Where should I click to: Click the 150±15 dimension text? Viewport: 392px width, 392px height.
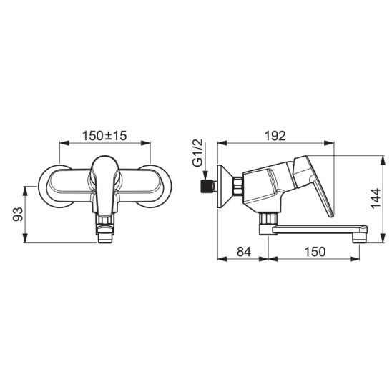point(104,136)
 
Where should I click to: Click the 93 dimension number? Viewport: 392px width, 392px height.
point(18,215)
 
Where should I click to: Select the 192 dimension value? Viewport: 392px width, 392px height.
point(275,136)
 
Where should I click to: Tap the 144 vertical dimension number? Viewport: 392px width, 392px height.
point(376,198)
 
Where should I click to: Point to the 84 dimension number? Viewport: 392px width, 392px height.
point(244,252)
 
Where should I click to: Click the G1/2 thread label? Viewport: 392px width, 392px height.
point(197,153)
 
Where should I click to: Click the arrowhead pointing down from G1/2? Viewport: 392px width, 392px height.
point(205,175)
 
